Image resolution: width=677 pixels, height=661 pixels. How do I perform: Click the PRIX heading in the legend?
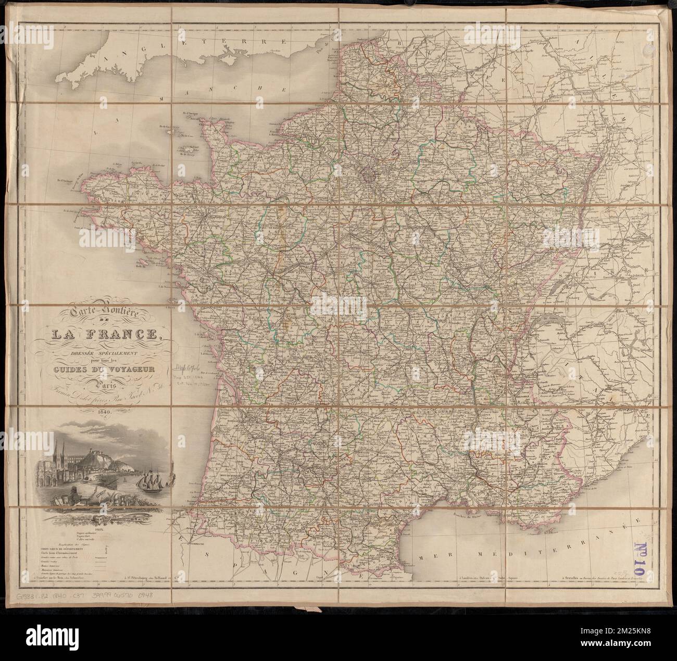point(96,531)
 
